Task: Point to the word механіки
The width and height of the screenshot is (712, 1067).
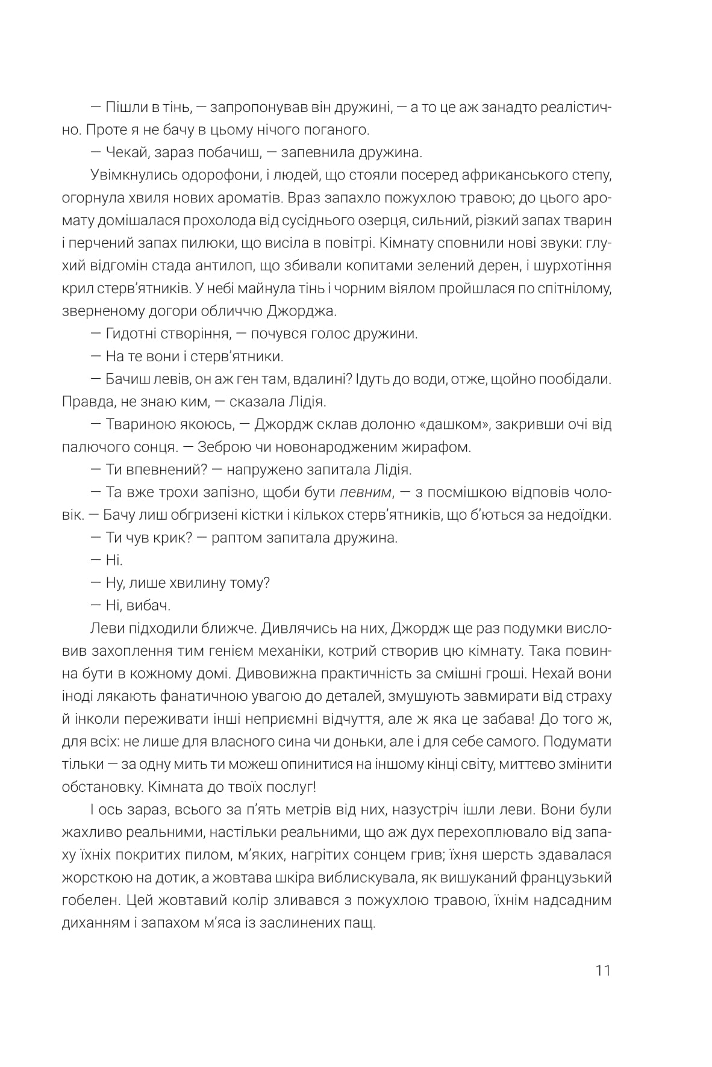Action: point(322,651)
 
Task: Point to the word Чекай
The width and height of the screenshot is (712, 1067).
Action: point(125,152)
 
